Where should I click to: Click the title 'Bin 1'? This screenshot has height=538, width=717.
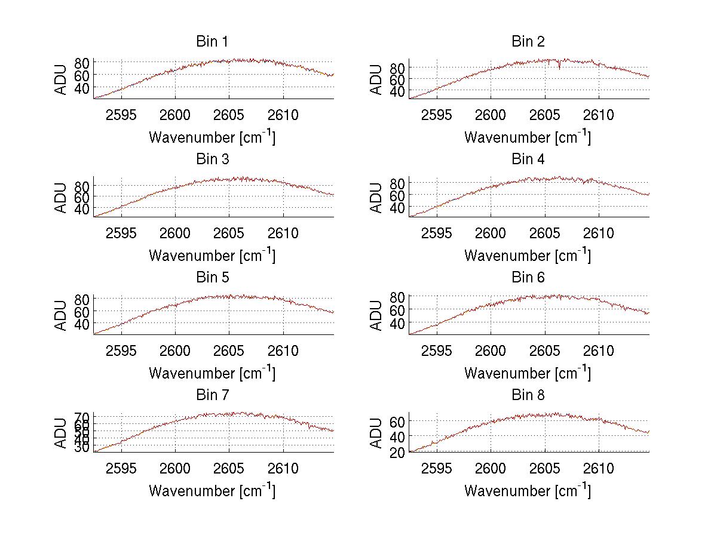(212, 42)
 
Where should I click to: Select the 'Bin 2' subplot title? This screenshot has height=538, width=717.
(528, 42)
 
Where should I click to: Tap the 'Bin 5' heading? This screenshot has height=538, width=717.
(212, 278)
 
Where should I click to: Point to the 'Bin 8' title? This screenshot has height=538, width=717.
(528, 395)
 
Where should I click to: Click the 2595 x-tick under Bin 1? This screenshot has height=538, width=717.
(122, 115)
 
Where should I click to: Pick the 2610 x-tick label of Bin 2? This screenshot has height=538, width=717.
(599, 115)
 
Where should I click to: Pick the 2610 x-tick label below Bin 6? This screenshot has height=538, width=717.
(599, 351)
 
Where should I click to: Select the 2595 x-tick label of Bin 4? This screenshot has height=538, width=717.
(437, 233)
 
